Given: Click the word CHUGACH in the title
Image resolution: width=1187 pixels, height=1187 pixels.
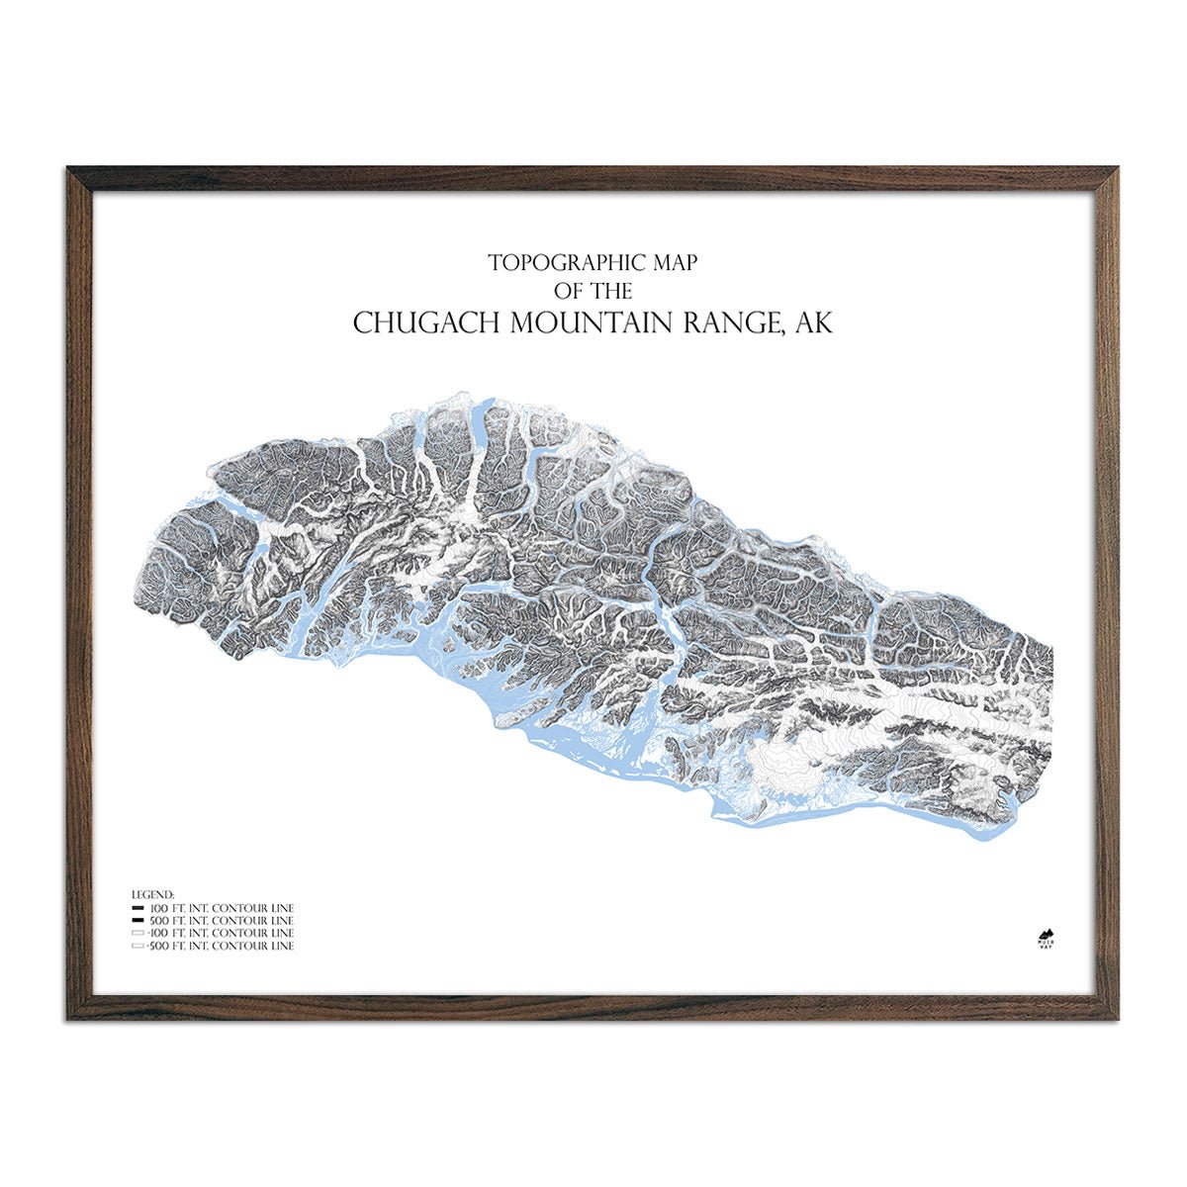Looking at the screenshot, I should tap(425, 323).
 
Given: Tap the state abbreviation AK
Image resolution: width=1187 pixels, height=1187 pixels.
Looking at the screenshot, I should tap(815, 323).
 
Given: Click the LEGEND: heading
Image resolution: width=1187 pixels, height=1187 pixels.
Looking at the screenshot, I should tap(152, 894).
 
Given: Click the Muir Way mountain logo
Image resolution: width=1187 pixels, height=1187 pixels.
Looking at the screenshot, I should tap(1045, 936).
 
